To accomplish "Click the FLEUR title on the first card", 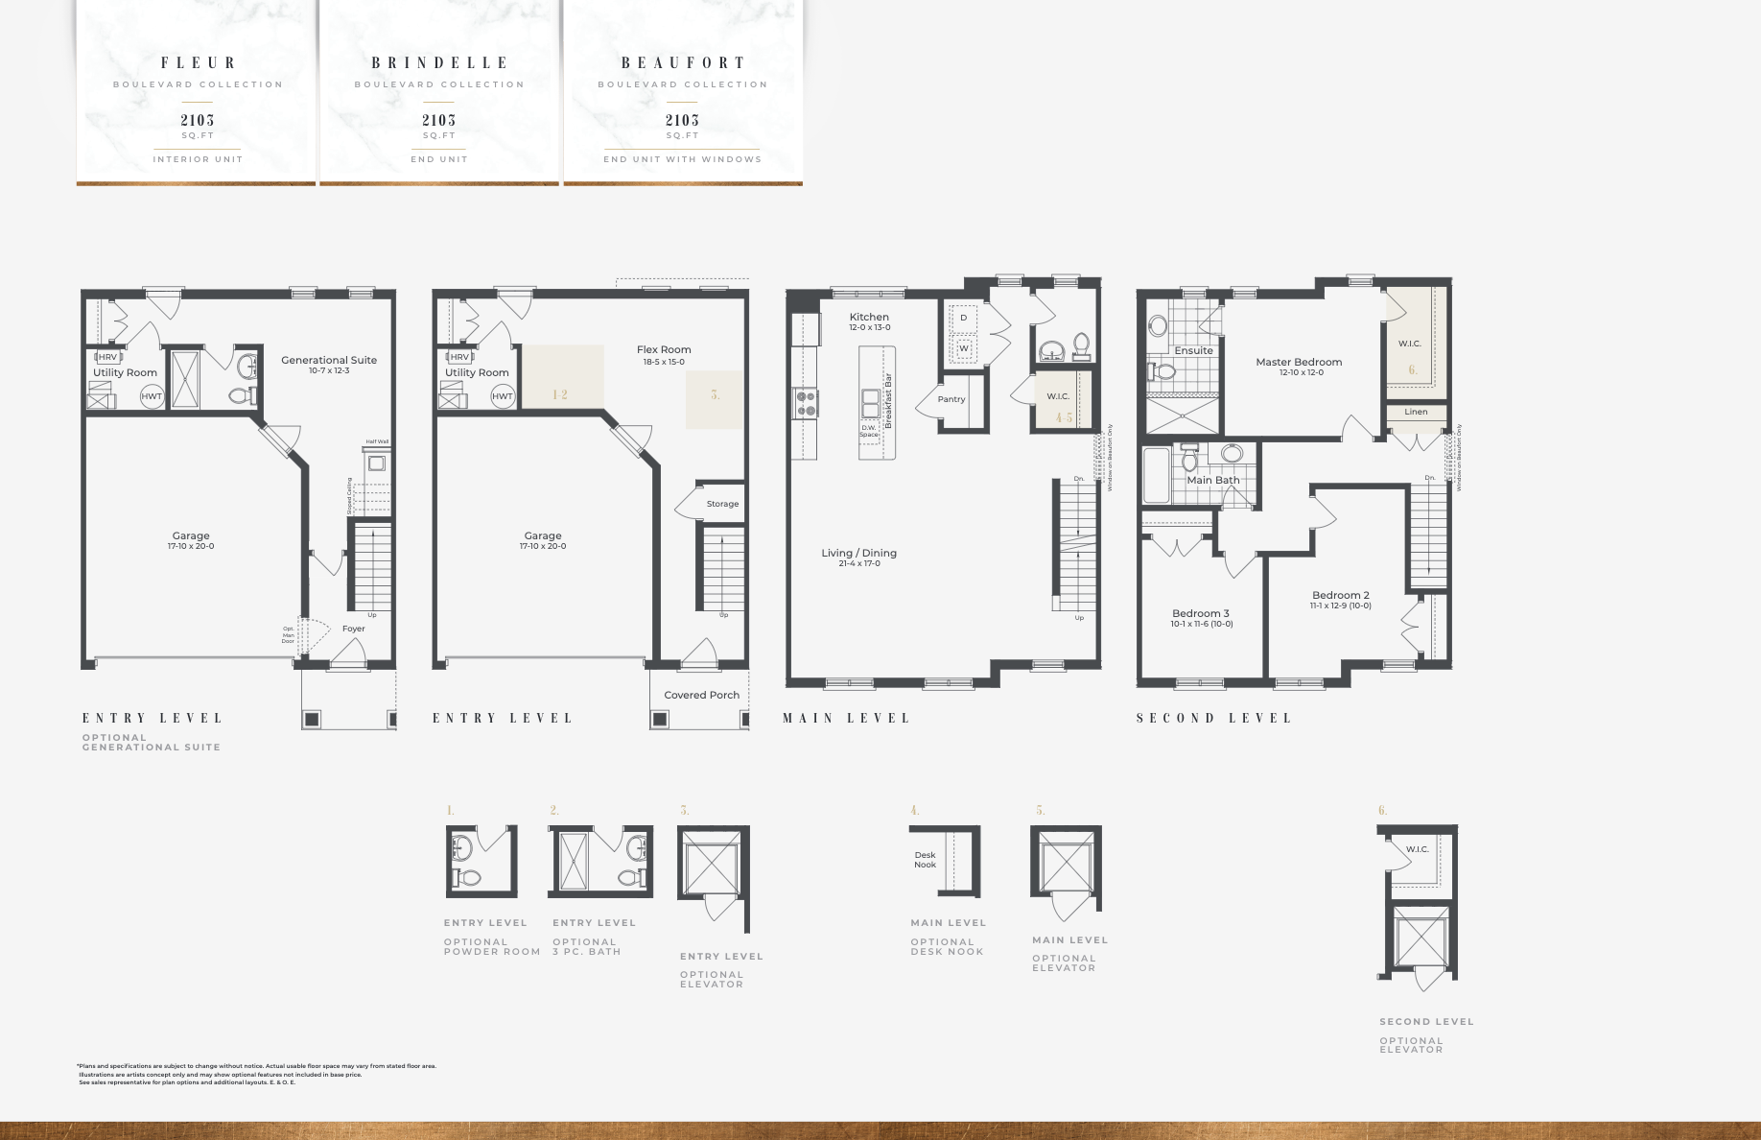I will pyautogui.click(x=198, y=63).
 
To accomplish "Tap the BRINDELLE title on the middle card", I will pyautogui.click(x=439, y=63).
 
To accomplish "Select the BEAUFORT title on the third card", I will pyautogui.click(x=683, y=63).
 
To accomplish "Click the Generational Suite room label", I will pyautogui.click(x=329, y=361).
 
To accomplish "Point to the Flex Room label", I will pyautogui.click(x=664, y=350).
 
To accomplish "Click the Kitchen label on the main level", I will pyautogui.click(x=869, y=318).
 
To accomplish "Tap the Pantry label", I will pyautogui.click(x=951, y=399).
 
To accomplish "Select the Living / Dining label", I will pyautogui.click(x=858, y=554).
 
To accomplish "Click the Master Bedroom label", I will pyautogui.click(x=1299, y=363).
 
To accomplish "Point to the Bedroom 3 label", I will pyautogui.click(x=1201, y=614).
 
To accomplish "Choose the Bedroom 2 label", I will pyautogui.click(x=1341, y=596).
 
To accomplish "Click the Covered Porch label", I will pyautogui.click(x=701, y=695).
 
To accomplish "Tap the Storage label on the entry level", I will pyautogui.click(x=722, y=504).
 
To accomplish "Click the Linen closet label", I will pyautogui.click(x=1416, y=412).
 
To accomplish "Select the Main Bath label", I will pyautogui.click(x=1213, y=480).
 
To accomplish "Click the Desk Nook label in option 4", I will pyautogui.click(x=925, y=860).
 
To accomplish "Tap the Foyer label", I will pyautogui.click(x=354, y=629).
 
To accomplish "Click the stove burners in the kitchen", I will pyautogui.click(x=807, y=403).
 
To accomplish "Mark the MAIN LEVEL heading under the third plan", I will pyautogui.click(x=846, y=718).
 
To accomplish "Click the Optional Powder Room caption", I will pyautogui.click(x=491, y=947).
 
